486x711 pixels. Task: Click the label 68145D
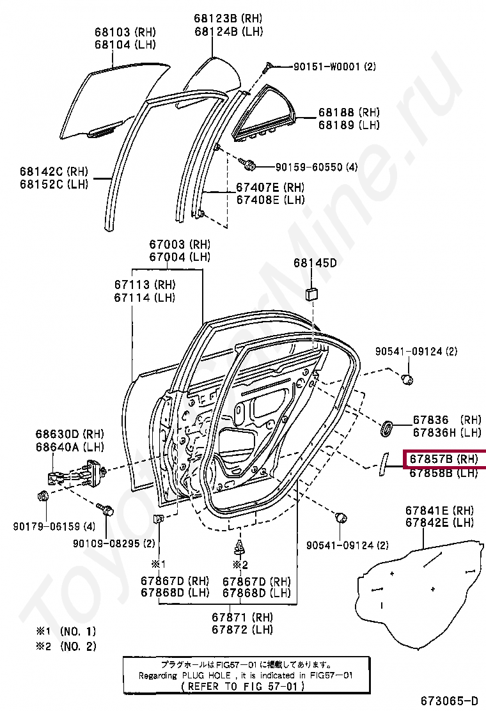pyautogui.click(x=315, y=262)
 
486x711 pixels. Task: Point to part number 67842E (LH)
pyautogui.click(x=438, y=523)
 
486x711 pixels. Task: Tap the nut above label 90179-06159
pyautogui.click(x=43, y=496)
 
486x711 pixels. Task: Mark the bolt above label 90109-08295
pyautogui.click(x=107, y=510)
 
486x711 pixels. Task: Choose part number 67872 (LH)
pyautogui.click(x=243, y=630)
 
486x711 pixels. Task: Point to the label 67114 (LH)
pyautogui.click(x=145, y=297)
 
